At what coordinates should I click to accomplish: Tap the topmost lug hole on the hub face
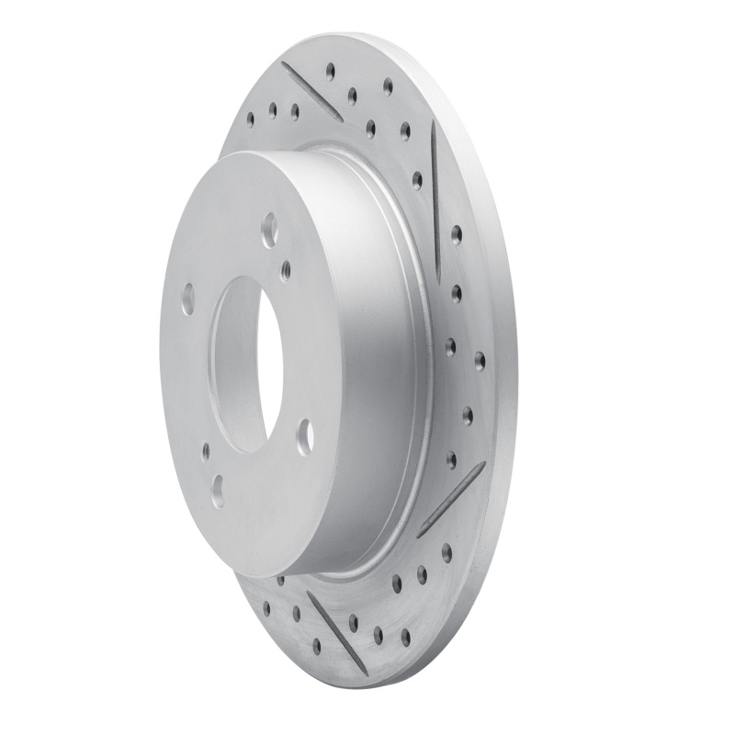[x=269, y=229]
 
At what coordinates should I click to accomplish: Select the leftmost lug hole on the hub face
[x=187, y=299]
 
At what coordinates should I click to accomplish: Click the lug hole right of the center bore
[x=305, y=435]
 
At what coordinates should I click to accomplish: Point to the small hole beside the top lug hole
[x=286, y=270]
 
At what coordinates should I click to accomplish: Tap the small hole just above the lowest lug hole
[x=205, y=451]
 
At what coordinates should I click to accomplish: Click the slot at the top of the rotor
[x=311, y=91]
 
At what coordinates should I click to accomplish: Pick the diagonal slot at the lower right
[x=451, y=500]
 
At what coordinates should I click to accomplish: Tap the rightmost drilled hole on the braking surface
[x=480, y=359]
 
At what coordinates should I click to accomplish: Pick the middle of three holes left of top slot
[x=272, y=109]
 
